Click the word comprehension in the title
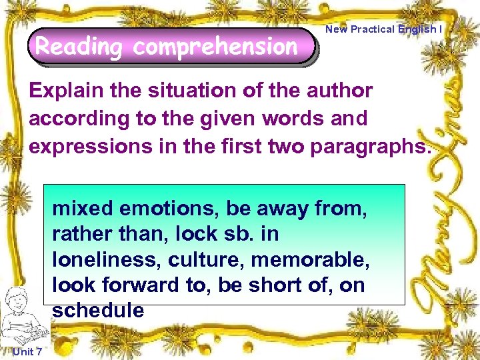215,47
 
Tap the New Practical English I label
383,29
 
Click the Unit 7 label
27,351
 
